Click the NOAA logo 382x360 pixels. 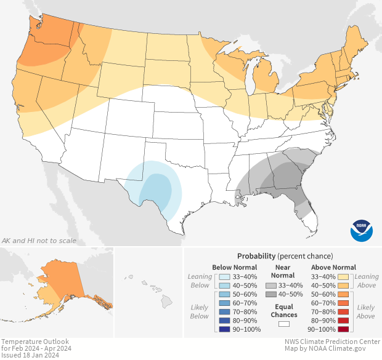pos(362,230)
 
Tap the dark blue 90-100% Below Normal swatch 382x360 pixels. pos(225,329)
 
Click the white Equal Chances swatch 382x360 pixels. pos(283,323)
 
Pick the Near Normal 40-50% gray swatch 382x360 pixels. pos(272,295)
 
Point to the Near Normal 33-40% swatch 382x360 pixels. pos(272,286)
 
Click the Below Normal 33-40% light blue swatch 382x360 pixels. pos(225,277)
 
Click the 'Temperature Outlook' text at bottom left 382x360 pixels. pos(35,342)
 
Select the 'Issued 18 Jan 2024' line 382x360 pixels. pos(30,355)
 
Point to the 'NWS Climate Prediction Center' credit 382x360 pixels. pos(332,342)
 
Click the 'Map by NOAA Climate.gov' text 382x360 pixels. pos(332,349)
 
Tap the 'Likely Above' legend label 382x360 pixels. pos(366,311)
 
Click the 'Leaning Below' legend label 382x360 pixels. pos(200,281)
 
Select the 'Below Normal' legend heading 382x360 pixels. pos(235,267)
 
